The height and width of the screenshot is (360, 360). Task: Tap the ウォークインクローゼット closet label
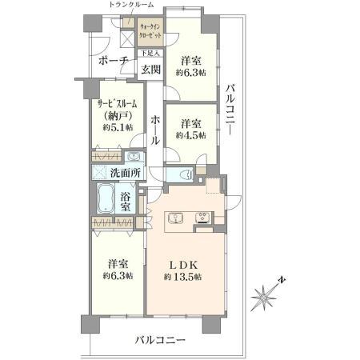150,35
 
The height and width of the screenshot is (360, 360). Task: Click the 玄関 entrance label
152,70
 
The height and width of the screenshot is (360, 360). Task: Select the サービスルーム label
118,104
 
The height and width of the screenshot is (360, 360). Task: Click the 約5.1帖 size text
117,126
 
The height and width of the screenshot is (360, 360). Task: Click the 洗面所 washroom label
126,173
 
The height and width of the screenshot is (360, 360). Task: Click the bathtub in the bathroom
105,198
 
